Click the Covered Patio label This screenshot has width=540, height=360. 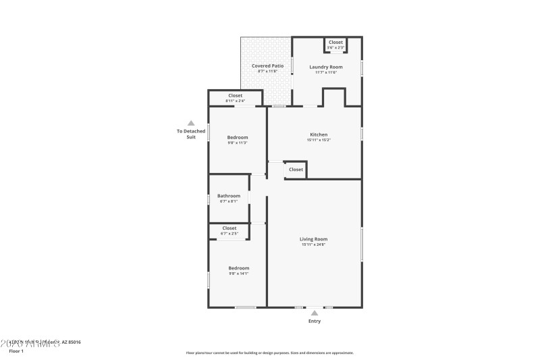point(267,66)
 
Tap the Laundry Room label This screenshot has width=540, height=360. point(326,66)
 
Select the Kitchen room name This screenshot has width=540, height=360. point(319,134)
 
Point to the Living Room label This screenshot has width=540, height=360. point(314,238)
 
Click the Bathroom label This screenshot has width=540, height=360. point(228,196)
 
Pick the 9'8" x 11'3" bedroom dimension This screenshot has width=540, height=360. point(238,143)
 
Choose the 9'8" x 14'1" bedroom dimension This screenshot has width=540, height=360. point(238,274)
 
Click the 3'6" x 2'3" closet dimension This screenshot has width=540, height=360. point(335,48)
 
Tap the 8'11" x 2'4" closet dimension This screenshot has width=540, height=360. point(235,101)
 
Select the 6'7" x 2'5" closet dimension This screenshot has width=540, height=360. point(230,234)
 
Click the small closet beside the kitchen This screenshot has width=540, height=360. point(296,170)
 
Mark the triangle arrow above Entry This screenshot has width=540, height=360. point(315,313)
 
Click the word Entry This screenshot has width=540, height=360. point(315,322)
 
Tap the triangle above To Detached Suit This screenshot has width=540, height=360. point(191,123)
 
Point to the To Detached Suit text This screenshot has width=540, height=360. point(191,134)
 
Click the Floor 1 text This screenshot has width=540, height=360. point(16,351)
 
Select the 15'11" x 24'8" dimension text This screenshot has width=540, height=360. point(314,245)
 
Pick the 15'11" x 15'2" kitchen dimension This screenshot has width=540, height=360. point(319,140)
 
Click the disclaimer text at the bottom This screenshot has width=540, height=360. point(269,353)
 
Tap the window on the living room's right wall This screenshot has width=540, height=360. point(362,243)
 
